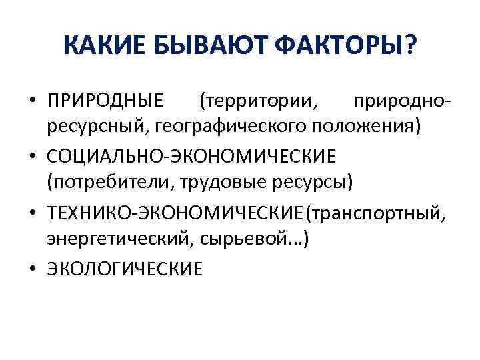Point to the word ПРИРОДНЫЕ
[105, 102]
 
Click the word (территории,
[259, 102]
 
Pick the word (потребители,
[103, 181]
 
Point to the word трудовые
[207, 181]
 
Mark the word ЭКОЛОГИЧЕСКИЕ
[124, 269]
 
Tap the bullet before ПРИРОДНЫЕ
[33, 102]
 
